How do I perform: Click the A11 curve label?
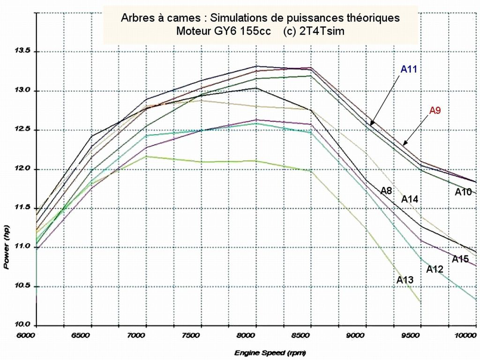coord(408,69)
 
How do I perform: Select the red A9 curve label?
coord(435,111)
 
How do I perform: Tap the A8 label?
coord(386,190)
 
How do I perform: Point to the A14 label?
coord(409,199)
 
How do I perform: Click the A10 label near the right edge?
coord(463,192)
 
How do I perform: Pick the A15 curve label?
coord(460,259)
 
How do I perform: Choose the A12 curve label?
coord(435,270)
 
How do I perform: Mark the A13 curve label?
coord(405,280)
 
